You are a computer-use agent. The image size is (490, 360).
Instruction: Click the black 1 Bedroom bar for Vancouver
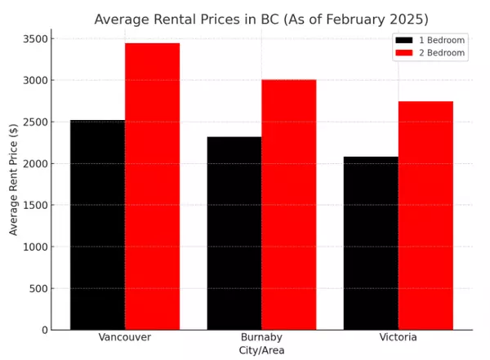click(x=97, y=224)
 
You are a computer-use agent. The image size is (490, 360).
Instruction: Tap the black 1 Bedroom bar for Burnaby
click(x=234, y=233)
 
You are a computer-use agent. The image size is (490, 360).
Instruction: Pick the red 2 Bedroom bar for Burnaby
click(x=288, y=204)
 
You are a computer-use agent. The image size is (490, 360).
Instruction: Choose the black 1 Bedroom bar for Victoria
click(x=371, y=243)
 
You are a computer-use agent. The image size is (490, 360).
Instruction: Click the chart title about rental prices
click(x=261, y=19)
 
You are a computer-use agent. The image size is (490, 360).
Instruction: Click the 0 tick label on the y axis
click(x=42, y=330)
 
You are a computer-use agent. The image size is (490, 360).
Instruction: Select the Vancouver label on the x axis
click(x=124, y=337)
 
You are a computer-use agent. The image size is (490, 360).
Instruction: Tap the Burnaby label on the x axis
click(x=261, y=337)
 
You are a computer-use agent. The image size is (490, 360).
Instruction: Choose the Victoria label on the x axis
click(x=398, y=337)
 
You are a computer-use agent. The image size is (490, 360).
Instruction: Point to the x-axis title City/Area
click(x=261, y=350)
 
